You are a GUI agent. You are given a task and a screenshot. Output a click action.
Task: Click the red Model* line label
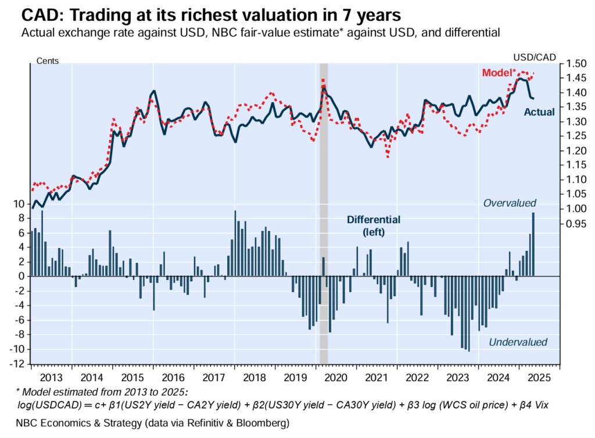tap(499, 73)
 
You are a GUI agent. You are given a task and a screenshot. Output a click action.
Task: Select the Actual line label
tap(539, 112)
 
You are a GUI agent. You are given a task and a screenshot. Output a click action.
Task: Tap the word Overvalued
tap(510, 203)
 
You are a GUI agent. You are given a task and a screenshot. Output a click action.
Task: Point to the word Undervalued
tap(518, 342)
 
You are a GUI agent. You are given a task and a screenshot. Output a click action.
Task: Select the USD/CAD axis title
tap(535, 57)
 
